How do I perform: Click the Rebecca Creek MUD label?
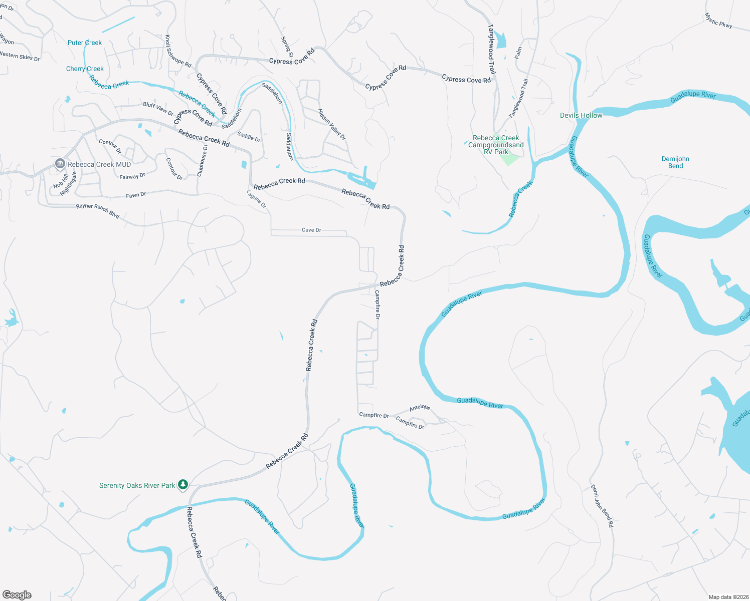pyautogui.click(x=99, y=164)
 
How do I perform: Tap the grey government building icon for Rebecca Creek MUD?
pyautogui.click(x=60, y=164)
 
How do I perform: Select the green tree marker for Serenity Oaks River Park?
pyautogui.click(x=183, y=484)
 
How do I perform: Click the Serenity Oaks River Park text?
pyautogui.click(x=137, y=485)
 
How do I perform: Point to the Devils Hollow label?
pyautogui.click(x=581, y=115)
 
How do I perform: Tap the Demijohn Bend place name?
pyautogui.click(x=675, y=162)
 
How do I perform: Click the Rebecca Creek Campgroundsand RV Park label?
pyautogui.click(x=496, y=145)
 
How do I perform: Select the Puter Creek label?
pyautogui.click(x=85, y=43)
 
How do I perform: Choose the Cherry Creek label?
pyautogui.click(x=85, y=69)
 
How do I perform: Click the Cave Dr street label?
pyautogui.click(x=311, y=230)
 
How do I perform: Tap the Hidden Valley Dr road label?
pyautogui.click(x=332, y=124)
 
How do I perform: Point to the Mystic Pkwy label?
pyautogui.click(x=718, y=21)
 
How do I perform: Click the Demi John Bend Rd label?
pyautogui.click(x=602, y=506)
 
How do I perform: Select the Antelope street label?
pyautogui.click(x=420, y=408)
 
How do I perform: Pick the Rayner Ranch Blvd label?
pyautogui.click(x=98, y=211)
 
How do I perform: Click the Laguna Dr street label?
pyautogui.click(x=257, y=199)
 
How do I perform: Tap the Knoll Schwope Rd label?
pyautogui.click(x=178, y=51)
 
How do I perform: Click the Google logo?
pyautogui.click(x=17, y=595)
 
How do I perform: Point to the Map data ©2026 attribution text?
pyautogui.click(x=727, y=597)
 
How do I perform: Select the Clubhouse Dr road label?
pyautogui.click(x=202, y=161)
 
